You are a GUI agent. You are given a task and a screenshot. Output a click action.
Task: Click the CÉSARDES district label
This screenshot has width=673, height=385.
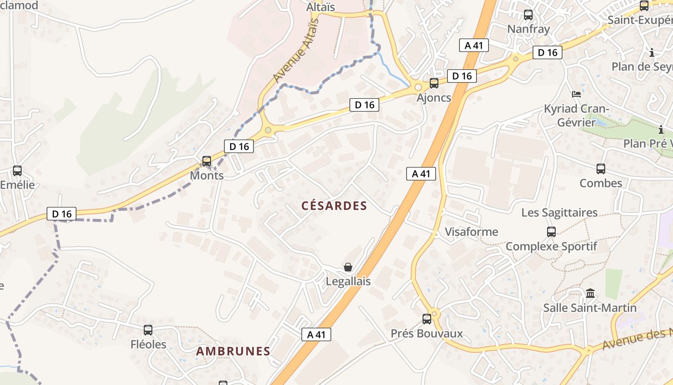coord(334,206)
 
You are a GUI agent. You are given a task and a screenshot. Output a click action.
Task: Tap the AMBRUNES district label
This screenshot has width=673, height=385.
coord(233,351)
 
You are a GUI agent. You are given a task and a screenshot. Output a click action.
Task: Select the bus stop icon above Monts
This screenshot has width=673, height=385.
coord(207,161)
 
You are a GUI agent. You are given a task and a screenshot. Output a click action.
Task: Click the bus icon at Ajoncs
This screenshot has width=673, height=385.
coord(434,83)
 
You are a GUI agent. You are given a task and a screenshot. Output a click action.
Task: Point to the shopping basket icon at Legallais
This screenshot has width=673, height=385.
coord(348,267)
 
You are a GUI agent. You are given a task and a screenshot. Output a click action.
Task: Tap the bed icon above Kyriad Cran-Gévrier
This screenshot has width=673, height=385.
coord(576,94)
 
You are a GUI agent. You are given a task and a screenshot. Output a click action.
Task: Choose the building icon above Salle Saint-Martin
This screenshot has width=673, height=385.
coord(590,293)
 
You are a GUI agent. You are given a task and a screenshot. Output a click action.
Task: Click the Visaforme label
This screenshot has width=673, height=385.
coord(471,232)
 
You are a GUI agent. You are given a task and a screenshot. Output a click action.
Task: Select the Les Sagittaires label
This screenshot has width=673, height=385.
coord(559,213)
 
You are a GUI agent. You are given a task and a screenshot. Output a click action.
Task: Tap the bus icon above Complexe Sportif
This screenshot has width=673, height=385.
coord(551,232)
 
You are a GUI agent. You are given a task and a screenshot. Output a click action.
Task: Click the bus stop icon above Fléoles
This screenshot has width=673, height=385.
coord(148,330)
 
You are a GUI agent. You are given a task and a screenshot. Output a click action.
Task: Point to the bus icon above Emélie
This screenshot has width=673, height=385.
coord(17,171)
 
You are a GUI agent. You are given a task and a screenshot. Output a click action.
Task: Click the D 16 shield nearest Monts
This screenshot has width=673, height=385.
coord(238,146)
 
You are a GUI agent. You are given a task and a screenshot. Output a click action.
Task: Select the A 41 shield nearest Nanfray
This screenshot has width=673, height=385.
coord(474,45)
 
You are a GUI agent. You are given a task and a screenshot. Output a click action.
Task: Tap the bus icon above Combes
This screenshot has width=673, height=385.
coord(601,169)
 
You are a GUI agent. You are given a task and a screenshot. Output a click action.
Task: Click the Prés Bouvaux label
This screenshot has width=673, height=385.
coord(426,334)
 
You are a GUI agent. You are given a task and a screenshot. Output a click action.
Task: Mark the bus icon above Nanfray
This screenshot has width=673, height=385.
coord(528,15)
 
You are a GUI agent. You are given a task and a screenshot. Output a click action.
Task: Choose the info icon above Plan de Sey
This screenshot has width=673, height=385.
coord(652,52)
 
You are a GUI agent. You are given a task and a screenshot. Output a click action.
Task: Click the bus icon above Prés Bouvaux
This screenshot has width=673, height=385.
coord(426,319)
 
